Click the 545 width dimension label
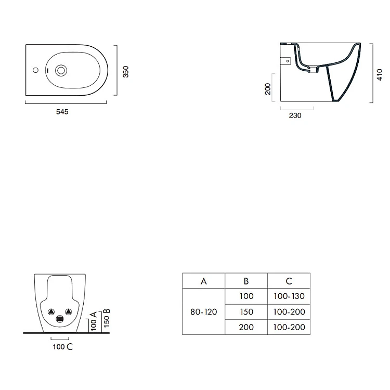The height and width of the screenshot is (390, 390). click(x=62, y=112)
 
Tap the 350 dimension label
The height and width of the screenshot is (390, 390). click(x=126, y=72)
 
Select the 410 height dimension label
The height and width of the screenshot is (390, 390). click(x=380, y=74)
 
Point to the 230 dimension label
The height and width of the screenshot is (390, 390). click(x=295, y=115)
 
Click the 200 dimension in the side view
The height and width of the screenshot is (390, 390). click(x=268, y=89)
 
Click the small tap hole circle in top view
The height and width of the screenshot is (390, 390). click(x=35, y=70)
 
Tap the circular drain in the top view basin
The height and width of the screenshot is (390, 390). click(x=61, y=71)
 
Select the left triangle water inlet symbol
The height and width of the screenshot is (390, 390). click(x=51, y=311)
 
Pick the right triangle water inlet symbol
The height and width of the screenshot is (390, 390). click(x=69, y=311)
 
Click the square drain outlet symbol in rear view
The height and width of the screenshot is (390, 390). click(x=60, y=319)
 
